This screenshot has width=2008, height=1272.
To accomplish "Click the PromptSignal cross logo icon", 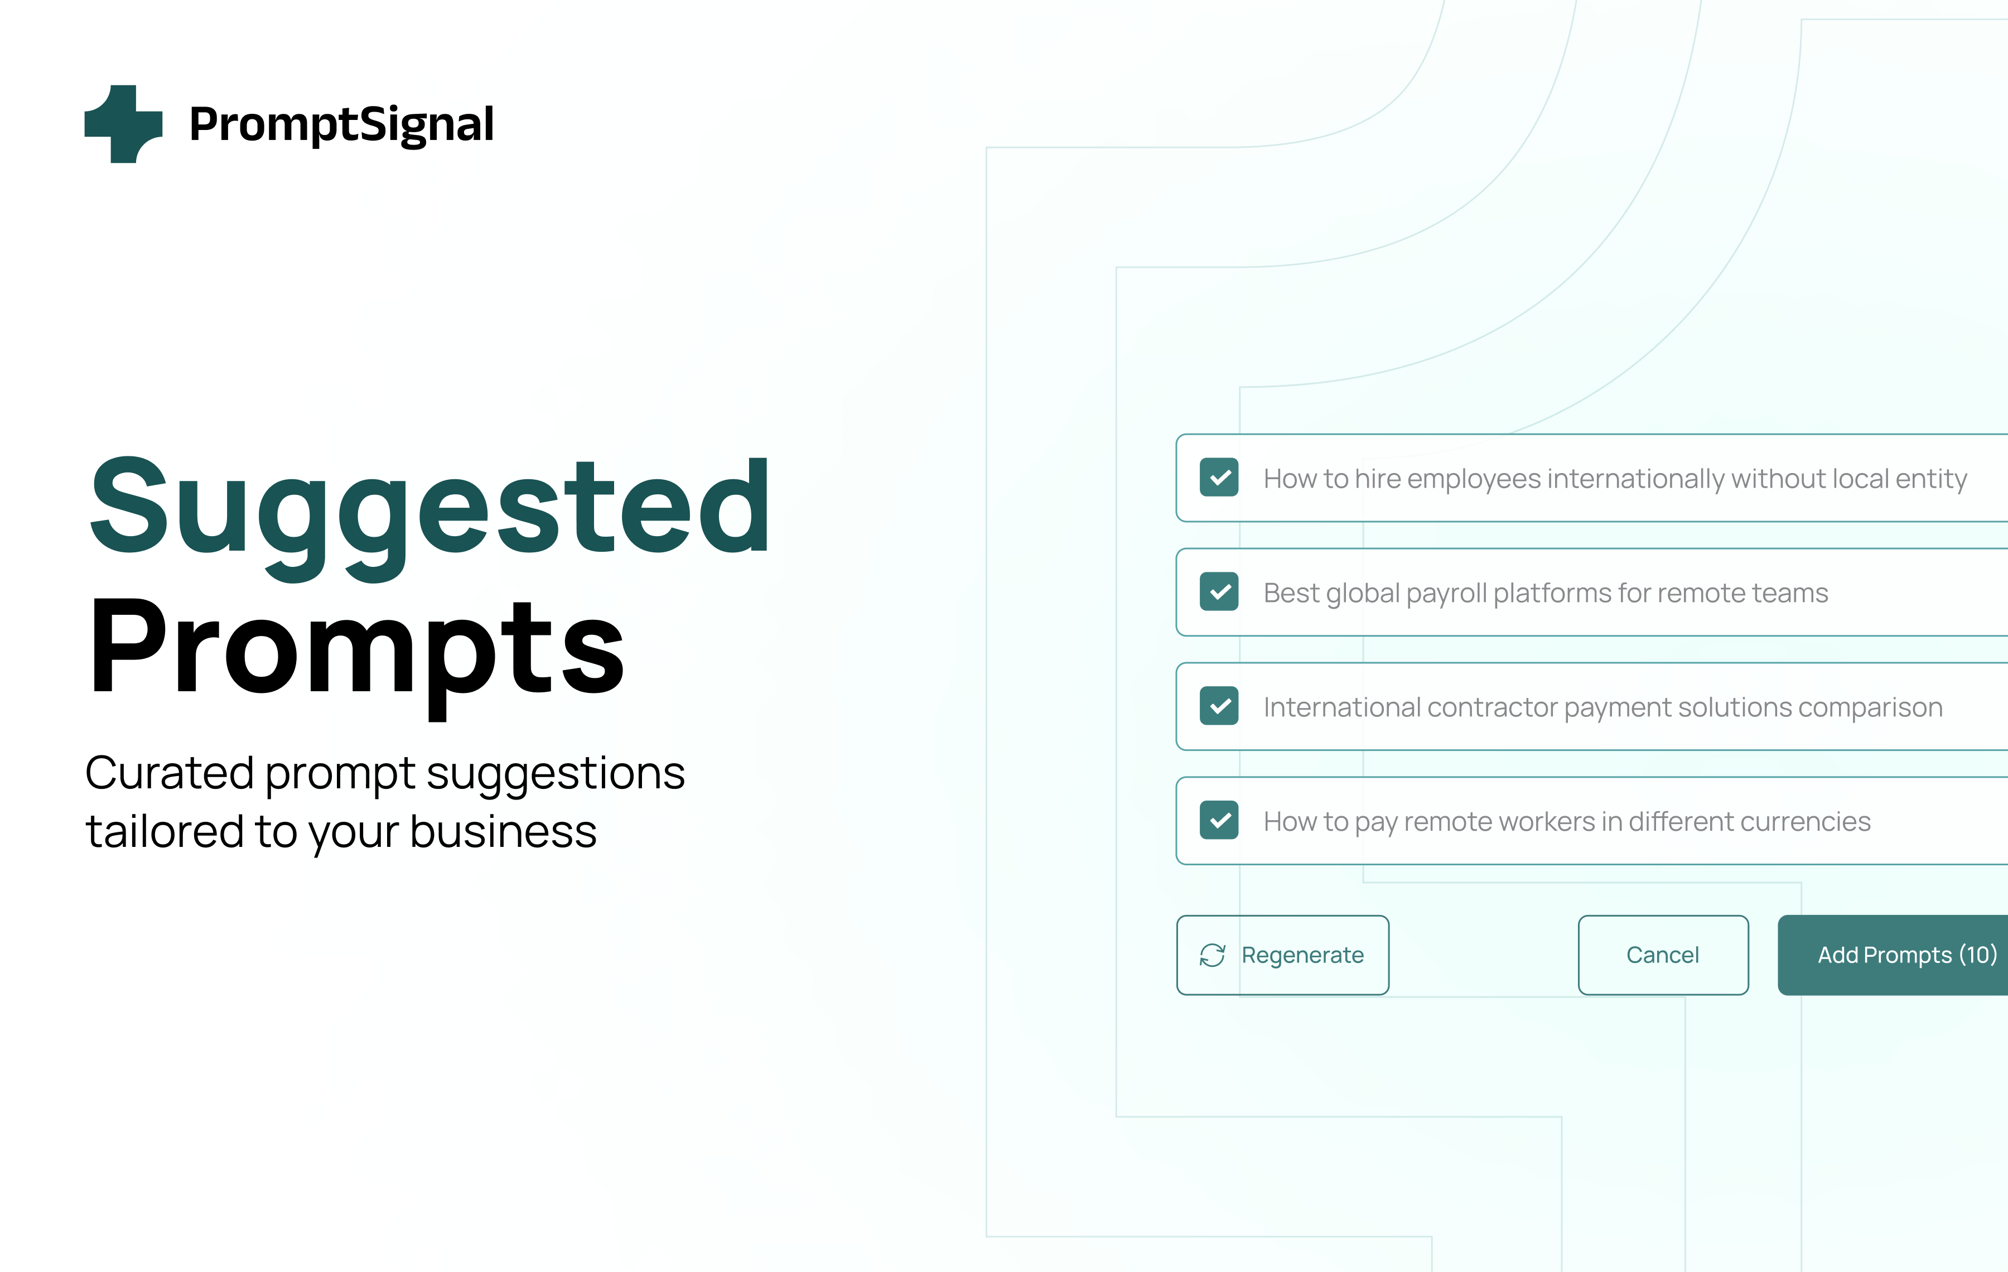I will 123,123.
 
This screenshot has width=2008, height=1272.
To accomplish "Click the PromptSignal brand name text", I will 341,124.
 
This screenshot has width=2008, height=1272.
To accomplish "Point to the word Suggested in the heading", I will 429,509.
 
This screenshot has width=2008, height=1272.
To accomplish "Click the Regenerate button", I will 1282,955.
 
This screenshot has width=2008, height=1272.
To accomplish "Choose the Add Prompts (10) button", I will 1893,955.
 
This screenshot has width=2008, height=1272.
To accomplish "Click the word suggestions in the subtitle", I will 556,773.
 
